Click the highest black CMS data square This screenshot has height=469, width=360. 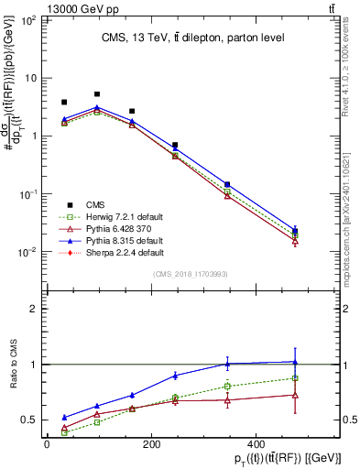[x=97, y=94]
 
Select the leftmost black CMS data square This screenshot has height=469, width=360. [x=64, y=103]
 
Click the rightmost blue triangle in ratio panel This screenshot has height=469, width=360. [x=294, y=362]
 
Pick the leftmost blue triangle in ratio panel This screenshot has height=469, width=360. [x=64, y=417]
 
